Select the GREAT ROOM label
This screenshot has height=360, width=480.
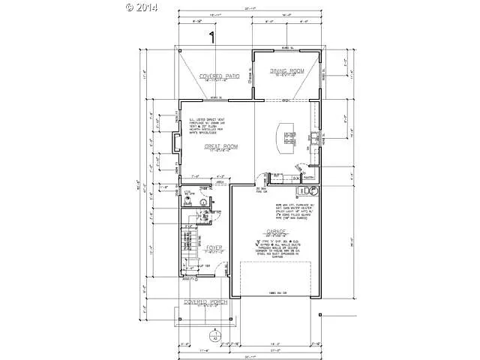(x=220, y=147)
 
